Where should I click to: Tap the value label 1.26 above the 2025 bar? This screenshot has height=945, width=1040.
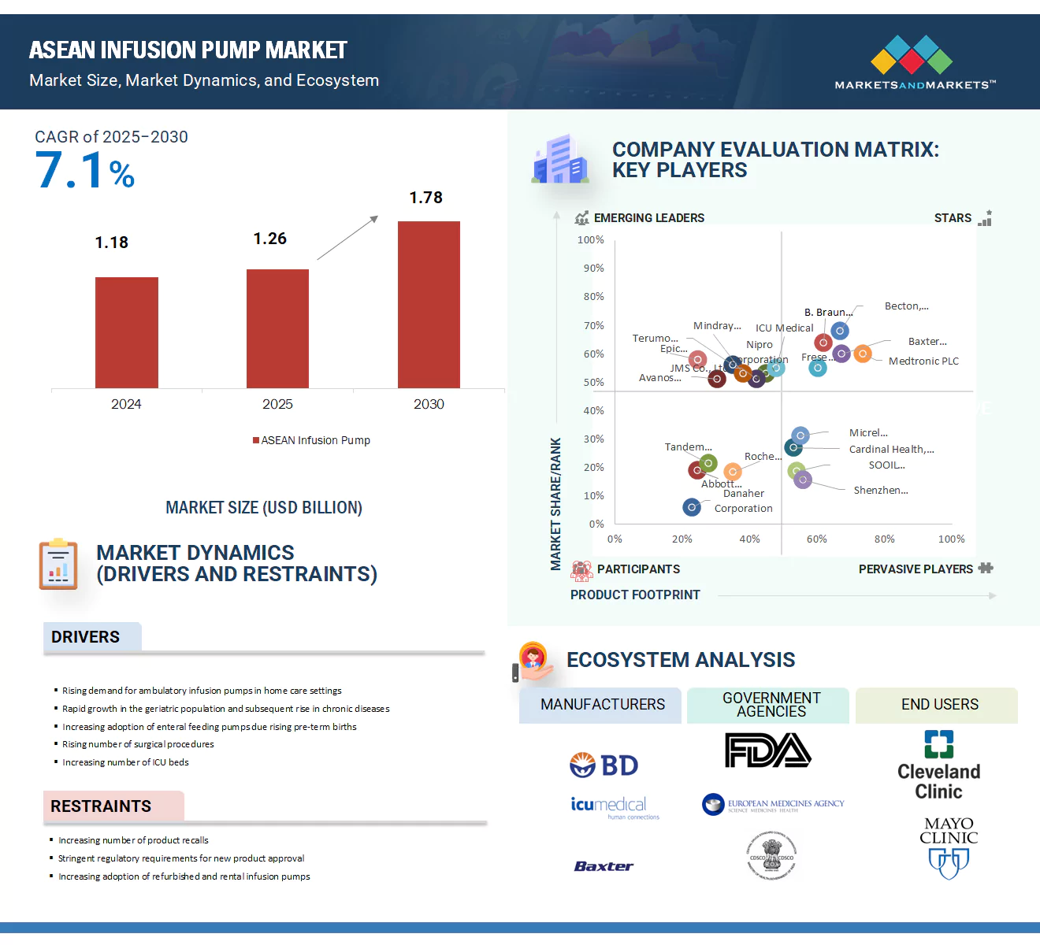click(x=269, y=239)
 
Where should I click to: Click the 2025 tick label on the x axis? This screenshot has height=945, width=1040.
click(x=277, y=404)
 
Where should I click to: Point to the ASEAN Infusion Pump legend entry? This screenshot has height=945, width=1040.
click(x=311, y=440)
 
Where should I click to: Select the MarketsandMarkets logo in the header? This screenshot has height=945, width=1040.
click(x=915, y=63)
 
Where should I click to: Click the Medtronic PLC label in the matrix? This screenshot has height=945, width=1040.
click(x=923, y=361)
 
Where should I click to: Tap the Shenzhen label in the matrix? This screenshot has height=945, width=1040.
click(x=881, y=491)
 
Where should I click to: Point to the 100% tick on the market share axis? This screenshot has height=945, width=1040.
click(x=591, y=240)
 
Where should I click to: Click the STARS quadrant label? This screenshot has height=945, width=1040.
click(x=953, y=218)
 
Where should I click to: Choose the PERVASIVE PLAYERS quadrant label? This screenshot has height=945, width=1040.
click(x=916, y=569)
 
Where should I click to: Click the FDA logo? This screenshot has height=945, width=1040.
click(x=767, y=750)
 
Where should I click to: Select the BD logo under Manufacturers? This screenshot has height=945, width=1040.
click(x=604, y=765)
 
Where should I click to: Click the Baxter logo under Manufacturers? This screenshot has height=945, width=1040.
click(x=604, y=866)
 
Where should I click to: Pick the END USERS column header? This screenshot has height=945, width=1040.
click(x=939, y=705)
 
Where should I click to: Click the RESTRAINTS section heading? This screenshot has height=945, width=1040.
click(x=101, y=806)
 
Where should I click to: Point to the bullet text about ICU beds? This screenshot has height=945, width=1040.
click(x=125, y=762)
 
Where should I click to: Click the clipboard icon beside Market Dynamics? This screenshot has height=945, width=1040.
click(x=58, y=565)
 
